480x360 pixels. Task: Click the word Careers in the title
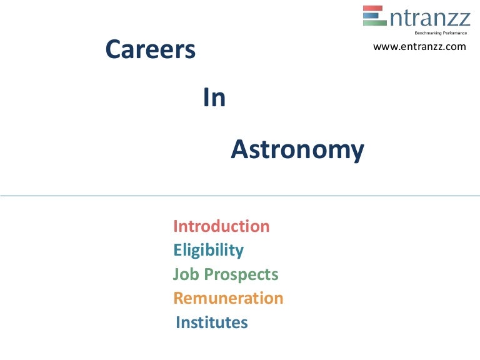tap(151, 49)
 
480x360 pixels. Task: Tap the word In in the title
tap(214, 99)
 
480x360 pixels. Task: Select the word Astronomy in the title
tap(297, 150)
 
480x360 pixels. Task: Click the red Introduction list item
tap(221, 226)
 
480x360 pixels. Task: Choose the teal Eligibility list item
tap(208, 251)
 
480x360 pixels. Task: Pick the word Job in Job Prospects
tap(184, 274)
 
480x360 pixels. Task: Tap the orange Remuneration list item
tap(228, 298)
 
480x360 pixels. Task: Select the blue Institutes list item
tap(212, 322)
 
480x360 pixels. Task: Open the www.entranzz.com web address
tap(419, 47)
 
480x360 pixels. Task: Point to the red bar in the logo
tap(373, 9)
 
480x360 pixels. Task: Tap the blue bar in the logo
tap(373, 16)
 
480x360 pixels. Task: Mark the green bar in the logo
tap(373, 22)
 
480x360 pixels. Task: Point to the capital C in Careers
tap(113, 49)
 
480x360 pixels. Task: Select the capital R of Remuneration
tap(178, 298)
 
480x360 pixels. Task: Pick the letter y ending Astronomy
tap(357, 152)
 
